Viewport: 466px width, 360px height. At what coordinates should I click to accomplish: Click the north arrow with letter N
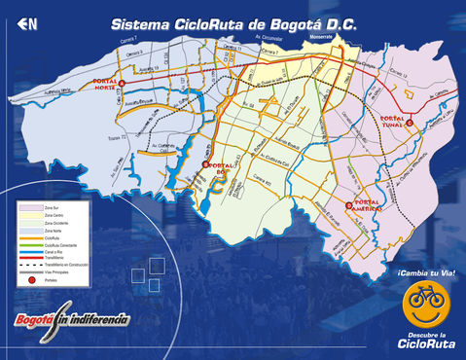coord(26,23)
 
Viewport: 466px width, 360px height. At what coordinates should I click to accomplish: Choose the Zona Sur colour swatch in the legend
coord(28,207)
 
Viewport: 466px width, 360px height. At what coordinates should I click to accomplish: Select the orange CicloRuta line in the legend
coord(28,236)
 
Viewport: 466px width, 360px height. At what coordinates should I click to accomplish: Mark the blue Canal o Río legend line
coord(28,250)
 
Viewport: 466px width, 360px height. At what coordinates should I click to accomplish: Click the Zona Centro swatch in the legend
coord(28,215)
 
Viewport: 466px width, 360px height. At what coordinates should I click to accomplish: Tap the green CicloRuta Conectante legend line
coord(28,243)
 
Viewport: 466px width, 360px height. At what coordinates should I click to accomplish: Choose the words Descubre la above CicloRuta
coord(428,336)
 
